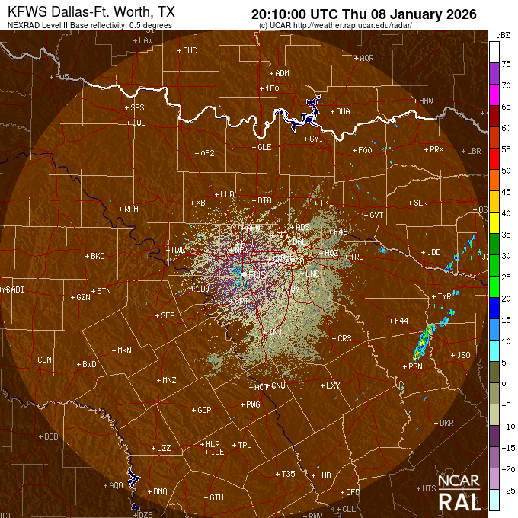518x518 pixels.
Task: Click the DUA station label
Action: pyautogui.click(x=343, y=111)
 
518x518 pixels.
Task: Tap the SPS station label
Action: pyautogui.click(x=137, y=107)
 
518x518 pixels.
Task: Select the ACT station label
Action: pyautogui.click(x=261, y=387)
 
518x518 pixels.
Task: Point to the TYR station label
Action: pyautogui.click(x=444, y=296)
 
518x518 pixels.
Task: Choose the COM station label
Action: pyautogui.click(x=44, y=360)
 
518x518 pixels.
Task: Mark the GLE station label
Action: pyautogui.click(x=264, y=147)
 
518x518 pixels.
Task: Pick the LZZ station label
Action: pyautogui.click(x=163, y=448)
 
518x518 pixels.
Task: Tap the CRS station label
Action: pyautogui.click(x=344, y=338)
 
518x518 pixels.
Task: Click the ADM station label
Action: pyautogui.click(x=282, y=74)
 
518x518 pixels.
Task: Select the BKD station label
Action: pyautogui.click(x=98, y=256)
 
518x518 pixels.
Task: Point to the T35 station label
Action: pyautogui.click(x=288, y=474)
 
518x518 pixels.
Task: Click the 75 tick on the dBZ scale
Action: pyautogui.click(x=505, y=65)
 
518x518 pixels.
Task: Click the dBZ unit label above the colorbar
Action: pyautogui.click(x=502, y=35)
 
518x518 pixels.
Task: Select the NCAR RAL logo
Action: pyautogui.click(x=459, y=494)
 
